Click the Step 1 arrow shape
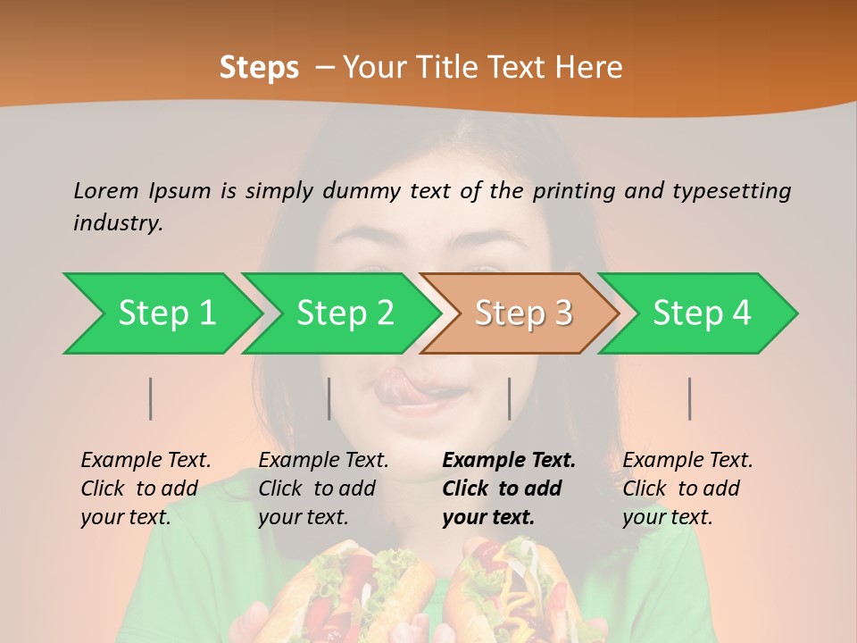(165, 313)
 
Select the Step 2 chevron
(344, 313)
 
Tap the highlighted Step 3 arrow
(522, 313)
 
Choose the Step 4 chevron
(701, 313)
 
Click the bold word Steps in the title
(259, 68)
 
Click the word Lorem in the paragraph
(106, 190)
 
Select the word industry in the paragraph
(118, 222)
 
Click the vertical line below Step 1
(151, 398)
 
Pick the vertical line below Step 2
(329, 398)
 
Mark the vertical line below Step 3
(510, 398)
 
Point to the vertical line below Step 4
(690, 398)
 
